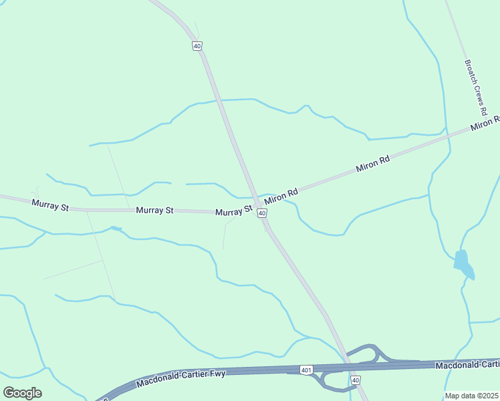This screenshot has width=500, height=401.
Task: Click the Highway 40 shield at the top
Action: tap(197, 45)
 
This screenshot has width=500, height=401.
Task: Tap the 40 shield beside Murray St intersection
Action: tap(263, 213)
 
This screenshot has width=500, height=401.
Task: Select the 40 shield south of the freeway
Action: tap(356, 380)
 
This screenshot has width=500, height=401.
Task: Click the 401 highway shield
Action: tap(306, 370)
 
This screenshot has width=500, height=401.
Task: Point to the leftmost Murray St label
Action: tap(50, 205)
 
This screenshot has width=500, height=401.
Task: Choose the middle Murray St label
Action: tap(155, 210)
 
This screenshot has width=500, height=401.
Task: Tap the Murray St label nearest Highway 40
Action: tap(234, 211)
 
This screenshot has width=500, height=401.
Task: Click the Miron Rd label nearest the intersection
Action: tap(281, 196)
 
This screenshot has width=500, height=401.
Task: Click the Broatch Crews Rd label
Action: tap(476, 87)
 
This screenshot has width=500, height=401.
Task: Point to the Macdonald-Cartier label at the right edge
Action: tap(467, 365)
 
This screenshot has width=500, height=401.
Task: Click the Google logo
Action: tap(23, 392)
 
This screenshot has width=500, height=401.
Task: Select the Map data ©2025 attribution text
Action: tap(472, 396)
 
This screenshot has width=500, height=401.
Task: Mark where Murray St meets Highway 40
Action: tap(257, 203)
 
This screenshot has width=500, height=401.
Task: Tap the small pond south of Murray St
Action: tap(117, 229)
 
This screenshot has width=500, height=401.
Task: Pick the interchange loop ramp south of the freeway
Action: tap(332, 381)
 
